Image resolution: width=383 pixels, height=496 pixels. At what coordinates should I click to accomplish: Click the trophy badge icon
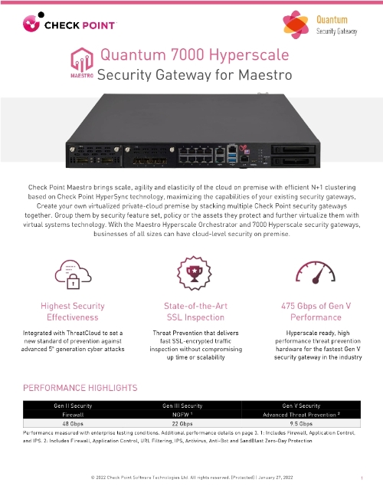pyautogui.click(x=188, y=274)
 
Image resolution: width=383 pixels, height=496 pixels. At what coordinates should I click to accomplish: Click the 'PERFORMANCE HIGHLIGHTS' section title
pyautogui.click(x=80, y=389)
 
